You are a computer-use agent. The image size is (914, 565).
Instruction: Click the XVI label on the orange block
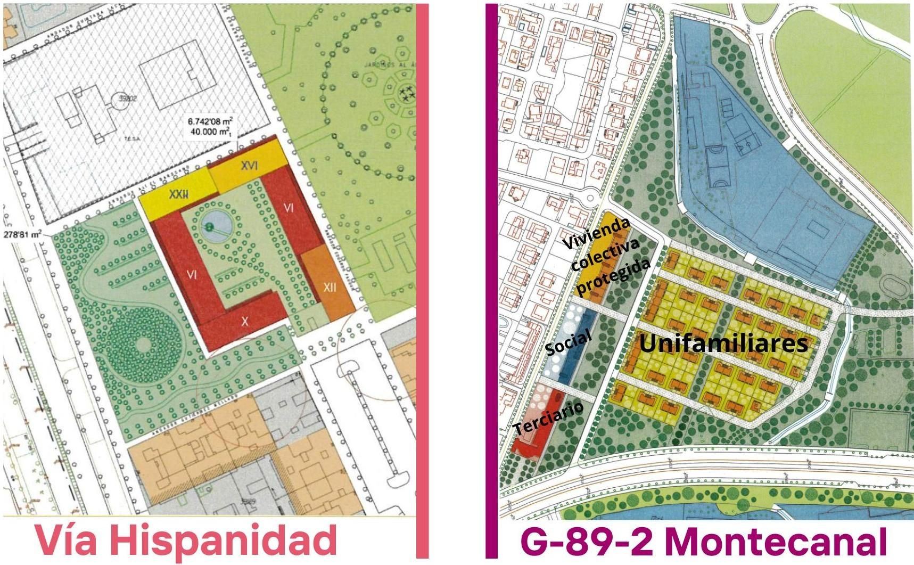pyautogui.click(x=249, y=166)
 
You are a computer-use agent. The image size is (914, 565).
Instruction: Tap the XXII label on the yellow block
pyautogui.click(x=179, y=195)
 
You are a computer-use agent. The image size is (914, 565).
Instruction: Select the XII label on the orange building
pyautogui.click(x=330, y=288)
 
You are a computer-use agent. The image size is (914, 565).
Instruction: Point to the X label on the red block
pyautogui.click(x=245, y=321)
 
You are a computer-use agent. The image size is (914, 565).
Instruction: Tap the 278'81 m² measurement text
pyautogui.click(x=22, y=234)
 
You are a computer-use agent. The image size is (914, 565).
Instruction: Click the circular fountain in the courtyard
pyautogui.click(x=215, y=227)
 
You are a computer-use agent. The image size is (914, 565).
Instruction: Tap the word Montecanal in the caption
pyautogui.click(x=776, y=542)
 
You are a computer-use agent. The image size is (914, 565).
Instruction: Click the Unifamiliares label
pyautogui.click(x=723, y=343)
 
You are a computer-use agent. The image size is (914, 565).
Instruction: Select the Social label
pyautogui.click(x=569, y=342)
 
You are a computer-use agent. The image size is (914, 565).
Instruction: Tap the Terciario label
pyautogui.click(x=548, y=419)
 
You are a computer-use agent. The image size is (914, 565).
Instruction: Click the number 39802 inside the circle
pyautogui.click(x=126, y=99)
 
